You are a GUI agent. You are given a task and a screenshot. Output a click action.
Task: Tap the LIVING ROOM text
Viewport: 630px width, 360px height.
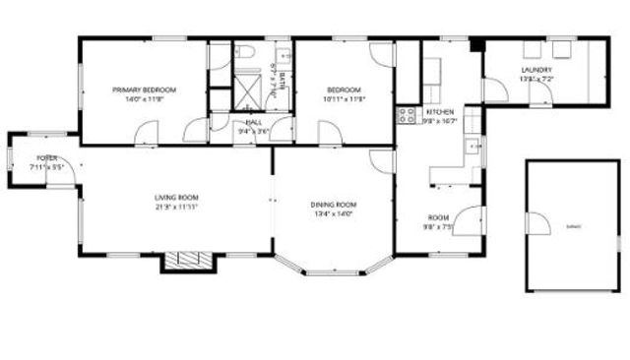(176, 198)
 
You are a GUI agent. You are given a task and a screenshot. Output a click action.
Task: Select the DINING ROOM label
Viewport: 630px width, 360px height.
(335, 205)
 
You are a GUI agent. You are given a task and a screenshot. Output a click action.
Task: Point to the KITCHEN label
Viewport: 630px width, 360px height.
(439, 113)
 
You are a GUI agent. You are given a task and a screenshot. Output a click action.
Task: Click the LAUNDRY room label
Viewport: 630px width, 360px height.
(537, 69)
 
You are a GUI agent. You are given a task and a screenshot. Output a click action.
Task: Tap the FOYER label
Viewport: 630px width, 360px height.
(46, 158)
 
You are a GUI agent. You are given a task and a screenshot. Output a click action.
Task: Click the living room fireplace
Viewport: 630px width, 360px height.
(186, 260)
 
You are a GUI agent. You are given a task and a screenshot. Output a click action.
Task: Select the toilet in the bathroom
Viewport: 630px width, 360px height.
(247, 51)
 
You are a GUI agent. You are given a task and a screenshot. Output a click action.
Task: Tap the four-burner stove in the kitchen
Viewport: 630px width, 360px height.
(405, 117)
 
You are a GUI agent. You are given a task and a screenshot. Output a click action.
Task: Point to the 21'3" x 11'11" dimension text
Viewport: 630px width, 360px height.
(177, 208)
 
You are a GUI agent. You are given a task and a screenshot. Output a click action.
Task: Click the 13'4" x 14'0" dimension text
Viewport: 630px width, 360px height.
(335, 213)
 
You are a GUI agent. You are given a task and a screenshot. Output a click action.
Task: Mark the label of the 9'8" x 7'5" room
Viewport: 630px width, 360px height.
(438, 217)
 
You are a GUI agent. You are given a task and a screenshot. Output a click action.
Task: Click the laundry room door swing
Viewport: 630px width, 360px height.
(538, 90)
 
